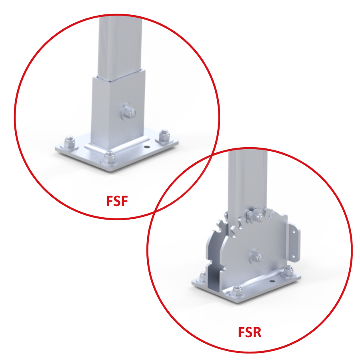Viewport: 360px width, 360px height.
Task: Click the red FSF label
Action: (x=117, y=201)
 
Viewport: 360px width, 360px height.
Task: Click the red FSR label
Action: (x=250, y=332)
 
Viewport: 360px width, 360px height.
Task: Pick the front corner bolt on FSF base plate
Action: (x=110, y=157)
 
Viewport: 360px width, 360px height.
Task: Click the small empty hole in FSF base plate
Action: (x=147, y=147)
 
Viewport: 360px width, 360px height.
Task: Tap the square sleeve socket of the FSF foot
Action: (x=118, y=110)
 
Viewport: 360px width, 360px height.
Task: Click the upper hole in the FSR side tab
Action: (x=293, y=232)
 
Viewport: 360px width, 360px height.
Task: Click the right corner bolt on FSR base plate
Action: (x=288, y=271)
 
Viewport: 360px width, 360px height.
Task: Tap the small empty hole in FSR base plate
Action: (x=272, y=281)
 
